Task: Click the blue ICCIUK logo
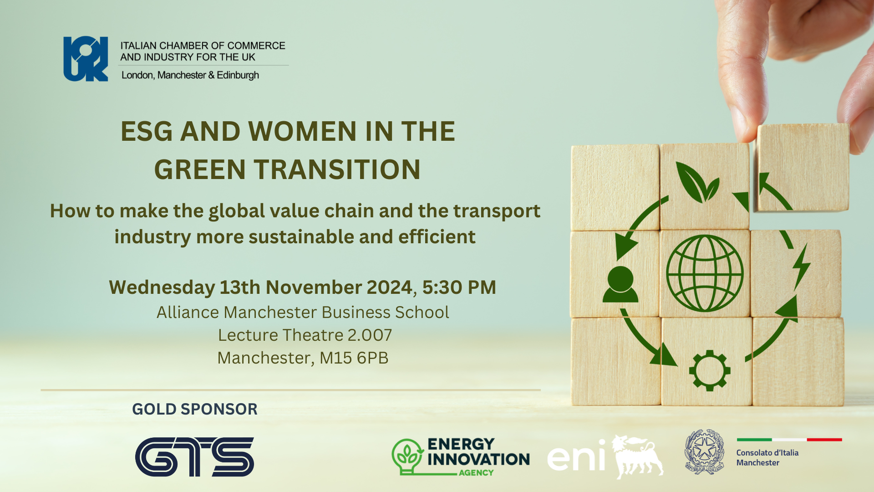tap(86, 59)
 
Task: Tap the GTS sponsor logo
tap(194, 457)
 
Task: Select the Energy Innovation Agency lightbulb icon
tap(407, 456)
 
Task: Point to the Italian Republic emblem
tap(705, 452)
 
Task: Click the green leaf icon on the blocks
tap(696, 182)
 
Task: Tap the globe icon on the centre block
tap(705, 273)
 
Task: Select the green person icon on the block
tap(620, 285)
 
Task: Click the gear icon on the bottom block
tap(710, 370)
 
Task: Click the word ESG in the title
tap(147, 132)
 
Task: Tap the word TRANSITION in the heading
tap(337, 170)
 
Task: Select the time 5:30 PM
tap(459, 287)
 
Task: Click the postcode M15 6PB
tap(354, 358)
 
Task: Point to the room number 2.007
tap(370, 335)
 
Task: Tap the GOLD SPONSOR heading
tap(195, 409)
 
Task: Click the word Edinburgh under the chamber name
tap(238, 75)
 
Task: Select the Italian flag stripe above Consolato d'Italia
tap(789, 440)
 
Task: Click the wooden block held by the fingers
tap(802, 168)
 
